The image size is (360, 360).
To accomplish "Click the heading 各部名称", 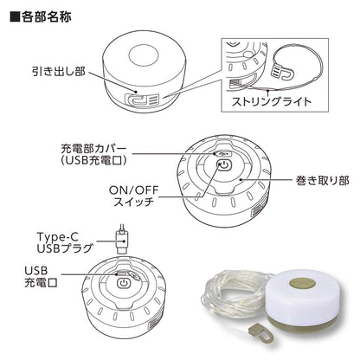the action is click(46, 17).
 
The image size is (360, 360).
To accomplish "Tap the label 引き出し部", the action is click(59, 71).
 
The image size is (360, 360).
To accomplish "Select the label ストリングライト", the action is click(272, 101).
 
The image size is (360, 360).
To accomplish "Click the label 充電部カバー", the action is click(93, 149).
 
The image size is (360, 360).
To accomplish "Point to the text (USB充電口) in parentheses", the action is click(94, 160).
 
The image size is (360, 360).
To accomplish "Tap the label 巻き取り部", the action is click(323, 180).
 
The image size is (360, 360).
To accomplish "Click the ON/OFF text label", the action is click(134, 190).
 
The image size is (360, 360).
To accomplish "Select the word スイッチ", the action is click(133, 202).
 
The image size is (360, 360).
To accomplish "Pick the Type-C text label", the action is click(58, 237).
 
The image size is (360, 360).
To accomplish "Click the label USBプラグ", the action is click(65, 248).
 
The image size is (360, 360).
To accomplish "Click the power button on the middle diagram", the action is click(224, 166).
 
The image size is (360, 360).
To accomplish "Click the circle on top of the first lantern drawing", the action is click(144, 55).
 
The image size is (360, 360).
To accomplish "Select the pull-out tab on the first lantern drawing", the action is click(142, 100).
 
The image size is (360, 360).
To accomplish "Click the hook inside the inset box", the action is click(284, 73).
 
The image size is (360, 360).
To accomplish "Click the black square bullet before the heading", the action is click(16, 17).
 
